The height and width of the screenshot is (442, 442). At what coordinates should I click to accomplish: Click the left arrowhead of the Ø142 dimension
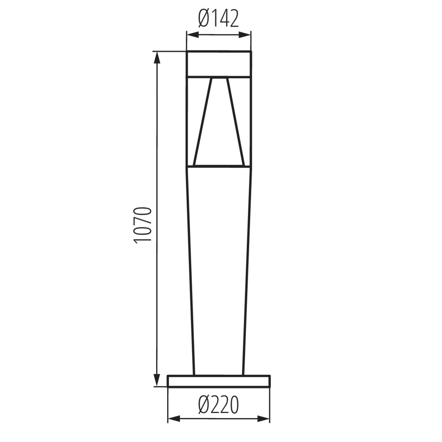(192, 35)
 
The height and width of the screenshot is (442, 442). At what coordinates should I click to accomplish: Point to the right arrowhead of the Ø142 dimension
(246, 35)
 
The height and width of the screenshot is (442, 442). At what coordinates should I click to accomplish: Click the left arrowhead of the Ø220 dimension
(173, 419)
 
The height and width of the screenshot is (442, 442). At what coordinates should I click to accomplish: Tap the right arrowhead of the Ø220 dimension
(265, 419)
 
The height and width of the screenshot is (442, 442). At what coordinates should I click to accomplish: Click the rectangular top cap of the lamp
(219, 64)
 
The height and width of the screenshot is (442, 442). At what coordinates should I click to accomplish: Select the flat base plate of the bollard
(219, 381)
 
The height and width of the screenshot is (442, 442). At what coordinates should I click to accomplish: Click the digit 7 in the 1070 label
(143, 221)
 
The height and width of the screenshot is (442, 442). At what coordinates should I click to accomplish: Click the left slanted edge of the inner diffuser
(203, 122)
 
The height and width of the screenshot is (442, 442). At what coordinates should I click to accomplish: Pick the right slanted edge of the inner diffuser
(235, 122)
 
